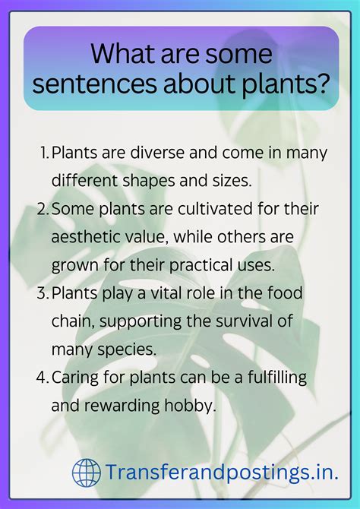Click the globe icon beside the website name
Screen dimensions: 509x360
[x=86, y=473]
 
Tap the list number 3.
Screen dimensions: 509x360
[x=43, y=293]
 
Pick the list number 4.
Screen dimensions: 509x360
[x=43, y=378]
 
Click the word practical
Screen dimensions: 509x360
[x=220, y=265]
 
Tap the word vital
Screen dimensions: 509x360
[x=166, y=293]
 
